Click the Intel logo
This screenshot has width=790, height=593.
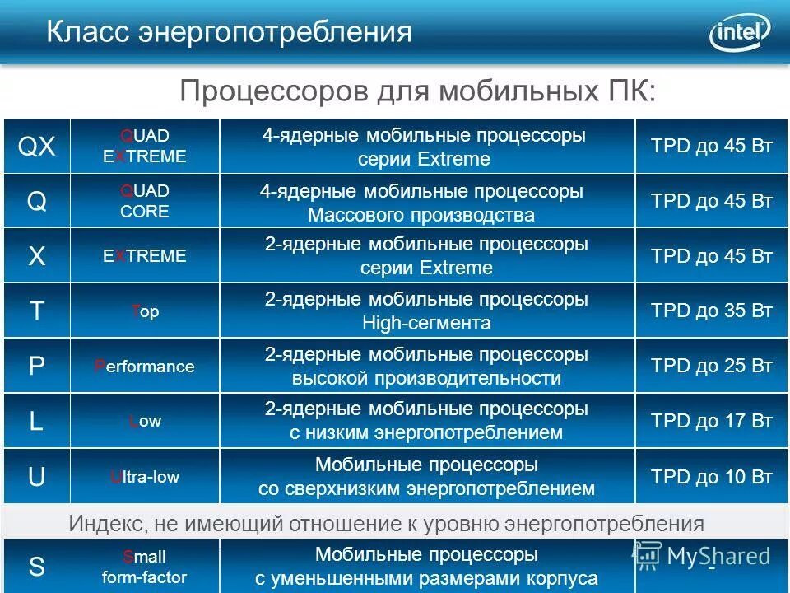pos(739,32)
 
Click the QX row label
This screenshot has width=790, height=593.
pos(37,147)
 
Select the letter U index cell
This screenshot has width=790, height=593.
pos(37,477)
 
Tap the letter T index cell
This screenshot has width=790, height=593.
pos(37,311)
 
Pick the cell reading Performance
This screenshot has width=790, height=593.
pos(145,367)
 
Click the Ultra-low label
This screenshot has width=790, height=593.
pos(145,477)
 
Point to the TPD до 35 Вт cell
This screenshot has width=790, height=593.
pos(712,311)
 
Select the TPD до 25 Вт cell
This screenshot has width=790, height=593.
pos(712,367)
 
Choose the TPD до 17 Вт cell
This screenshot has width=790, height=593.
pos(712,422)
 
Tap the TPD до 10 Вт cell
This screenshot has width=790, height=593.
pos(712,477)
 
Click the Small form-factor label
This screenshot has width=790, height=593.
pos(145,567)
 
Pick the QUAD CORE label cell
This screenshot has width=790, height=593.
pos(145,201)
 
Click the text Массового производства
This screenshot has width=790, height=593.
pos(421,216)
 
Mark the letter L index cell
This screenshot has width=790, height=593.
pos(37,422)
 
